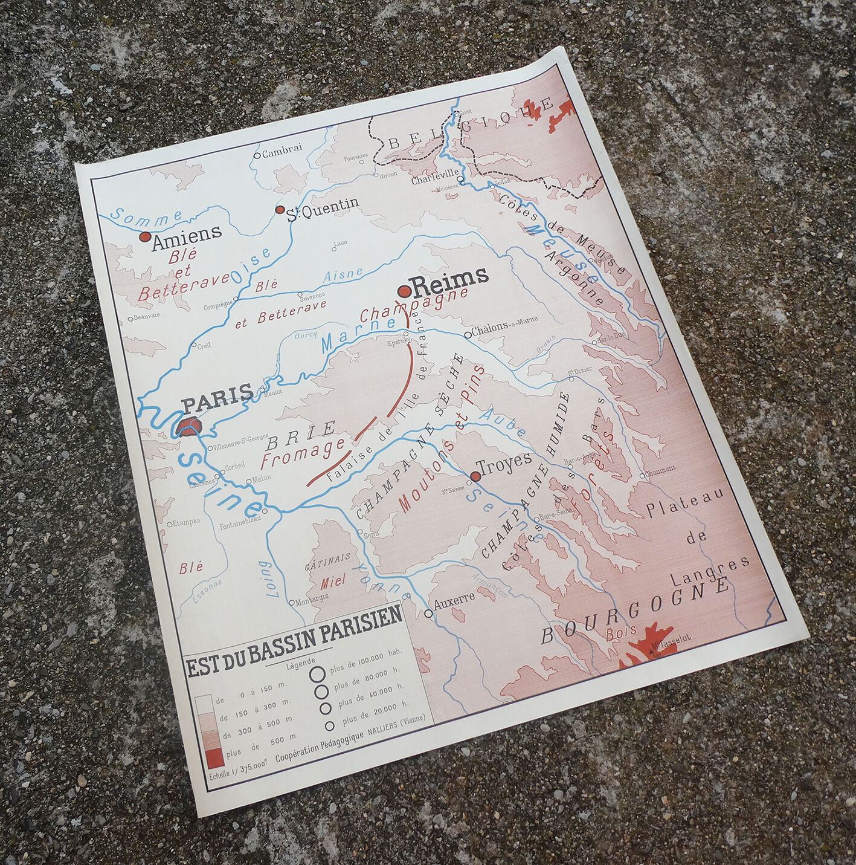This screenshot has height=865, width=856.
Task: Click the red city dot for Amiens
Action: click(x=144, y=237)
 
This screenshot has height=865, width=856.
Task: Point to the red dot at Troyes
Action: click(x=475, y=477)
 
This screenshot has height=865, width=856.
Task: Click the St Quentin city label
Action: click(x=323, y=208)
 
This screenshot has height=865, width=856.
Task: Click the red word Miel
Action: click(x=332, y=580)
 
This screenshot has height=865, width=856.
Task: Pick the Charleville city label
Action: click(x=434, y=180)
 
